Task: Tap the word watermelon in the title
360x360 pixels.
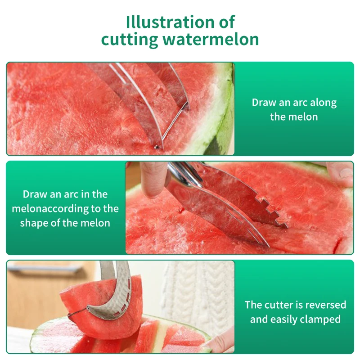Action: pos(211,39)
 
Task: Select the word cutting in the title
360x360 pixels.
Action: pos(130,40)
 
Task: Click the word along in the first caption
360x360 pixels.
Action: pos(323,103)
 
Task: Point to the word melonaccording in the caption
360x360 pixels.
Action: pos(50,209)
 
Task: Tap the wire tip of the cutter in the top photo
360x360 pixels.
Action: pos(156,147)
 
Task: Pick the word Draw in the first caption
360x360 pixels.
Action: pos(264,103)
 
